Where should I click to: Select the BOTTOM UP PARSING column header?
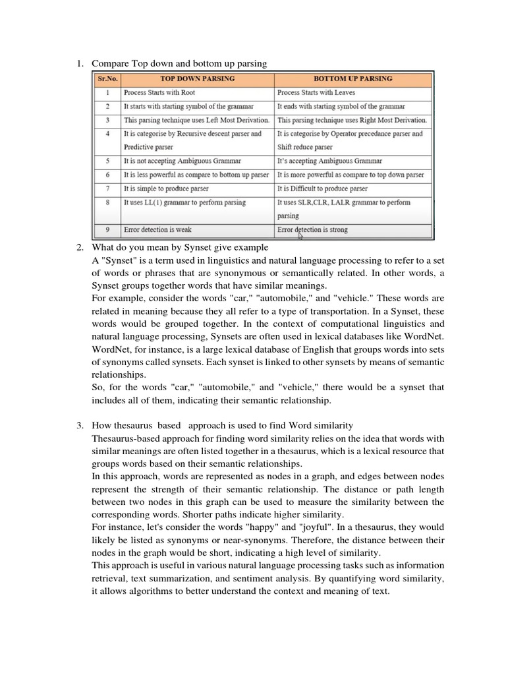[352, 78]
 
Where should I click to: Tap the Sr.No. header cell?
[106, 78]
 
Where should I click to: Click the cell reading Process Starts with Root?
[160, 93]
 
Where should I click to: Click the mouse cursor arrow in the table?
[301, 235]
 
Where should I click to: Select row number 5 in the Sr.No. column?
[106, 161]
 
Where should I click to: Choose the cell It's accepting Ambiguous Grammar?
[329, 161]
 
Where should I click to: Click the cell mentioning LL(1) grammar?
[184, 203]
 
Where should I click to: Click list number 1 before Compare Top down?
[78, 63]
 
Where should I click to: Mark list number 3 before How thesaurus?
[78, 426]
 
